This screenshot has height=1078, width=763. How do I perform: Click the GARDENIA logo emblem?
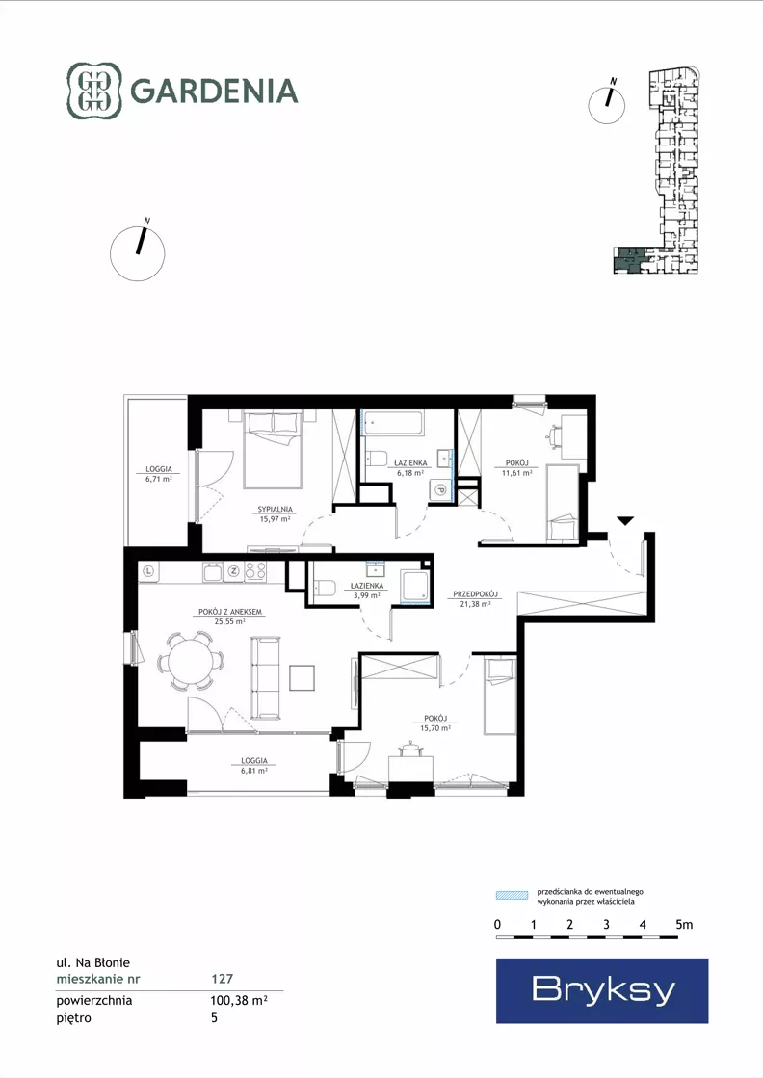pyautogui.click(x=94, y=90)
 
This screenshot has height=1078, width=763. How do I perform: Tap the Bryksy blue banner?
pyautogui.click(x=602, y=990)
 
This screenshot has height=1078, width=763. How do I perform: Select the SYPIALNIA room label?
pyautogui.click(x=275, y=510)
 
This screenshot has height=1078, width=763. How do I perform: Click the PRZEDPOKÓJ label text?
pyautogui.click(x=475, y=594)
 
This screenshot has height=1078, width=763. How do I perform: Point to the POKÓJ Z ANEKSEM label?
pyautogui.click(x=229, y=612)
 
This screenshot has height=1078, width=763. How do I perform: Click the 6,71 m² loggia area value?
pyautogui.click(x=159, y=479)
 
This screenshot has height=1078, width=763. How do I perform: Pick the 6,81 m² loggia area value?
pyautogui.click(x=254, y=771)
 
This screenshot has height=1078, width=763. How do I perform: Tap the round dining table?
pyautogui.click(x=191, y=661)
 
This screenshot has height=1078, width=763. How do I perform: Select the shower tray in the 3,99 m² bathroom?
pyautogui.click(x=415, y=587)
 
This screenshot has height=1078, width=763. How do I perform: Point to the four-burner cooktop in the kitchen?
pyautogui.click(x=255, y=571)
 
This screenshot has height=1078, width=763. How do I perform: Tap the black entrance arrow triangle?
pyautogui.click(x=624, y=521)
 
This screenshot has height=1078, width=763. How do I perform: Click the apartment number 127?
pyautogui.click(x=222, y=979)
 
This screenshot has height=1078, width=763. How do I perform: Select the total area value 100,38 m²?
pyautogui.click(x=239, y=1001)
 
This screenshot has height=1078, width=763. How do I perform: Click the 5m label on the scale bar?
pyautogui.click(x=684, y=925)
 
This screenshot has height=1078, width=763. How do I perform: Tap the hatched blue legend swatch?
pyautogui.click(x=513, y=896)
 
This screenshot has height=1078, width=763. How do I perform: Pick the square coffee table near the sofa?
pyautogui.click(x=302, y=678)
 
